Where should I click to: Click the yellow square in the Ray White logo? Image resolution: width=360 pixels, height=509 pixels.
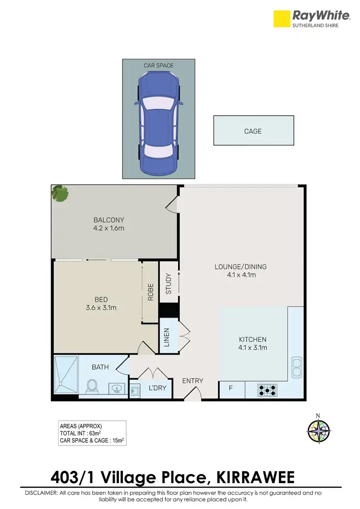click(282, 19)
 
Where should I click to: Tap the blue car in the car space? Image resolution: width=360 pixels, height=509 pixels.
click(158, 123)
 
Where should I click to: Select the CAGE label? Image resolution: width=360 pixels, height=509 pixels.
click(253, 131)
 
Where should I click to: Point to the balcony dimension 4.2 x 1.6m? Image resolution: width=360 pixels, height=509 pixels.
click(108, 228)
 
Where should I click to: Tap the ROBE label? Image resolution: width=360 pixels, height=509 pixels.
click(150, 292)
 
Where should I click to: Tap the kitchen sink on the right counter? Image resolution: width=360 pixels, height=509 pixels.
click(296, 368)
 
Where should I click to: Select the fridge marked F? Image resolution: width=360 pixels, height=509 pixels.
click(230, 388)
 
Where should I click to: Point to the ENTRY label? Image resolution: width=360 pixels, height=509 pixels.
click(192, 381)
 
